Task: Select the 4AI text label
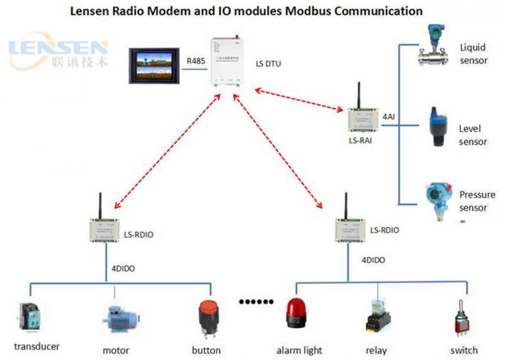[388, 117]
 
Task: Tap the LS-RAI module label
[359, 139]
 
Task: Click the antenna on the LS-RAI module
[354, 94]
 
